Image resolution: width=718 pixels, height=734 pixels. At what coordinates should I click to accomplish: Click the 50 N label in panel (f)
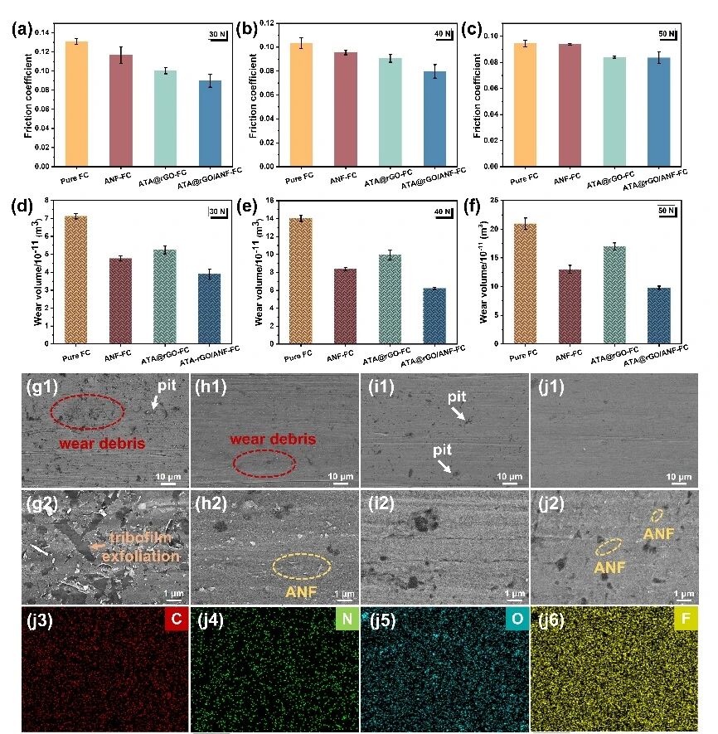point(667,211)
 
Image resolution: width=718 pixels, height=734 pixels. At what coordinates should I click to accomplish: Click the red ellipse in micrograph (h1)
point(263,464)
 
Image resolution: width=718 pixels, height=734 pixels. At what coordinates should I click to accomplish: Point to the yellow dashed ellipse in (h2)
point(302,566)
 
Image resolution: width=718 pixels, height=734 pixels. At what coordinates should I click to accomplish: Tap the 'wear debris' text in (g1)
point(102,444)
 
